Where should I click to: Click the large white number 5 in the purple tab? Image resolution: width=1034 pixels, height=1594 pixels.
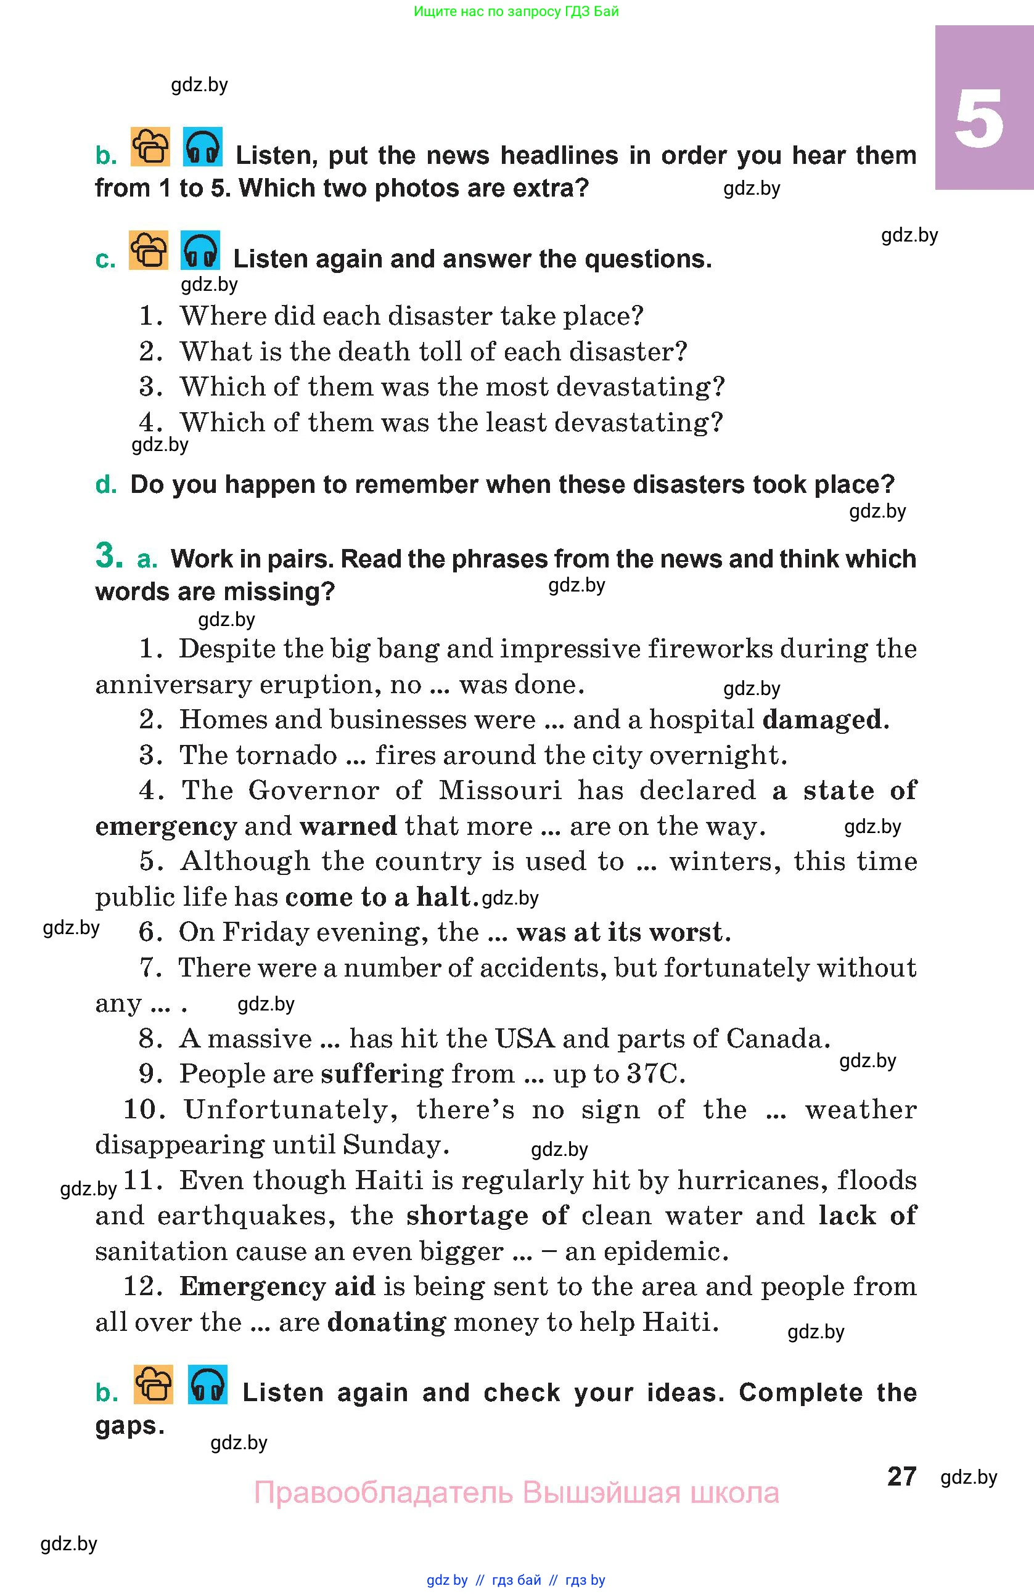tap(979, 118)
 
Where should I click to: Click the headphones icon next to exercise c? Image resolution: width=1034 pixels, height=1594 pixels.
tap(200, 251)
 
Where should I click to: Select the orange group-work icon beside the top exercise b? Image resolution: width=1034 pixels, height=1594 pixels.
tap(150, 146)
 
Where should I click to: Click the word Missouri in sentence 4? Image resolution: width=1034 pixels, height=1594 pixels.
tap(500, 791)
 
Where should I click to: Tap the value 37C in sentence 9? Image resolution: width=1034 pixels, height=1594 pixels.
tap(654, 1073)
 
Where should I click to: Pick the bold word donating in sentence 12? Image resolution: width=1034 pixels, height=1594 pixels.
tap(387, 1322)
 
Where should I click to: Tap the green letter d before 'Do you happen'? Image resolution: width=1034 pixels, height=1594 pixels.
tap(105, 484)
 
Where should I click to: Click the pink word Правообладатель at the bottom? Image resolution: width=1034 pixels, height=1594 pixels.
tap(383, 1493)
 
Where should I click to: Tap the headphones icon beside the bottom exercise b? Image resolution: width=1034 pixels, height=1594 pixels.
tap(207, 1384)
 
